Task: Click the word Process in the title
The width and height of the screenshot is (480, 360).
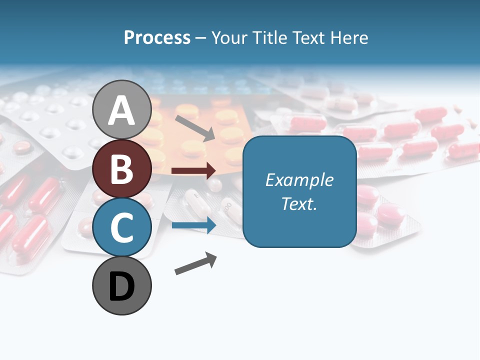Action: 157,38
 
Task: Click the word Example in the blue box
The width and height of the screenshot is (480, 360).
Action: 299,180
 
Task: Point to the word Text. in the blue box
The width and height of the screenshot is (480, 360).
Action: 299,203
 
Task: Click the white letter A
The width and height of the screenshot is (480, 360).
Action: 122,111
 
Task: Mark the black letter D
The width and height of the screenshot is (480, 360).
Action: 122,286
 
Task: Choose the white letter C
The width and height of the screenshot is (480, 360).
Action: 122,227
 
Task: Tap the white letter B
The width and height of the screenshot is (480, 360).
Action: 122,169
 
